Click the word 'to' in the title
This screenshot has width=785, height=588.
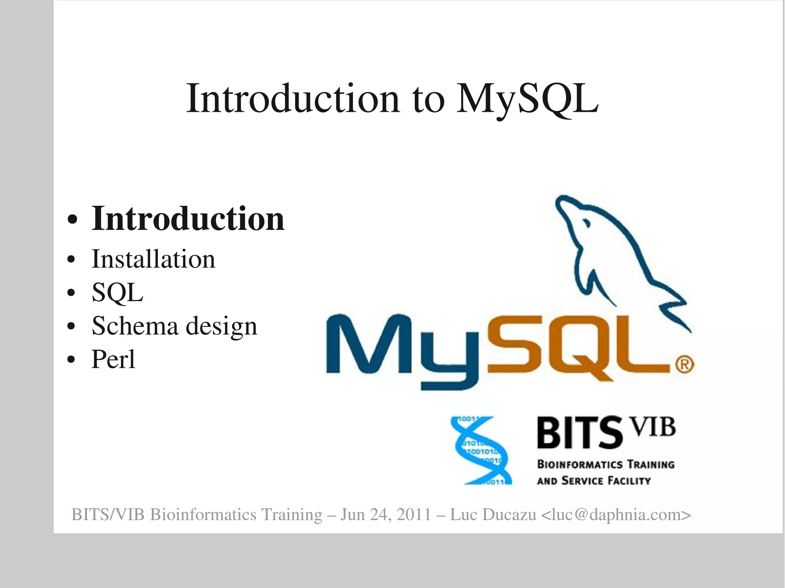pyautogui.click(x=429, y=100)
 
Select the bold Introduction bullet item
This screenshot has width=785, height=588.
pyautogui.click(x=188, y=219)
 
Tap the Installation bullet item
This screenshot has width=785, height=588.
pyautogui.click(x=153, y=259)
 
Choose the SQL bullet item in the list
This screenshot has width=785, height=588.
pyautogui.click(x=117, y=293)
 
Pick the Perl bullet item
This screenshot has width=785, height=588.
pyautogui.click(x=113, y=360)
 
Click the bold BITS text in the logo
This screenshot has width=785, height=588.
pyautogui.click(x=579, y=433)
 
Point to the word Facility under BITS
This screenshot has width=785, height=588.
pyautogui.click(x=629, y=481)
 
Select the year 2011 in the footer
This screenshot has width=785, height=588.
pyautogui.click(x=414, y=514)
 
